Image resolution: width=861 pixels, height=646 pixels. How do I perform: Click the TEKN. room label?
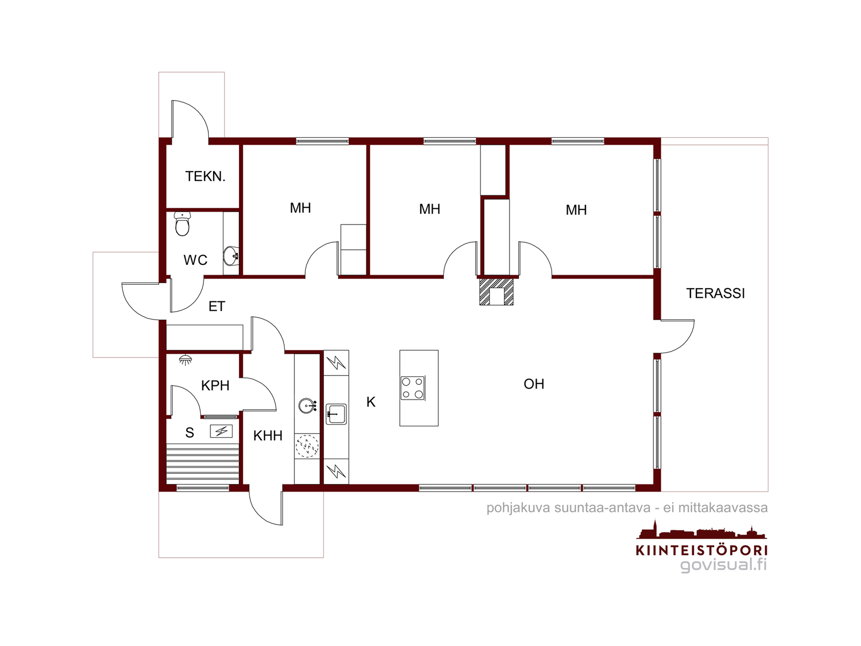205,177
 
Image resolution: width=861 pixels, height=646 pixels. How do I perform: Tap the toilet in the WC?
182,224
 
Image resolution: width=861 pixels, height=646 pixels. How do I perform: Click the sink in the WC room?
231,256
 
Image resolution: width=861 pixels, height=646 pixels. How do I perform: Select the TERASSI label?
715,293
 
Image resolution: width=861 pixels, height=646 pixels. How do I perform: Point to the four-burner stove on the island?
413,388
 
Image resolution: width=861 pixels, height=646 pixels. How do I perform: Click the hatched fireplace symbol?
496,292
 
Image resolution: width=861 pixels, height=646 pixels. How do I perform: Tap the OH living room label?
534,384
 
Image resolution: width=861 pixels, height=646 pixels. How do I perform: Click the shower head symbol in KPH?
186,360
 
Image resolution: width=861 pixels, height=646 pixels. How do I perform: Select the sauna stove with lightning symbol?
221,431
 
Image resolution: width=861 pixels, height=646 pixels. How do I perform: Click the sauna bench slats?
203,463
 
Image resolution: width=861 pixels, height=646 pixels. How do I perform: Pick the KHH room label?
268,436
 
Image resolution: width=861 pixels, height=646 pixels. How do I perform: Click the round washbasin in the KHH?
307,406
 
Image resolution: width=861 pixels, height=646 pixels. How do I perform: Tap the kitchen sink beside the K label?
336,414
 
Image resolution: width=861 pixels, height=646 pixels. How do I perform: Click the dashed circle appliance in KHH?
307,446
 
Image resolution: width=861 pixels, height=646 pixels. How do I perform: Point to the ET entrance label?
217,306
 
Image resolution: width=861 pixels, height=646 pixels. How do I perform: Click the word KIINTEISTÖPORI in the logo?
701,550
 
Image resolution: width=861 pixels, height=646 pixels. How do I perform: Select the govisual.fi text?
723,565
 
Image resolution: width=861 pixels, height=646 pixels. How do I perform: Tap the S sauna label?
189,433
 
